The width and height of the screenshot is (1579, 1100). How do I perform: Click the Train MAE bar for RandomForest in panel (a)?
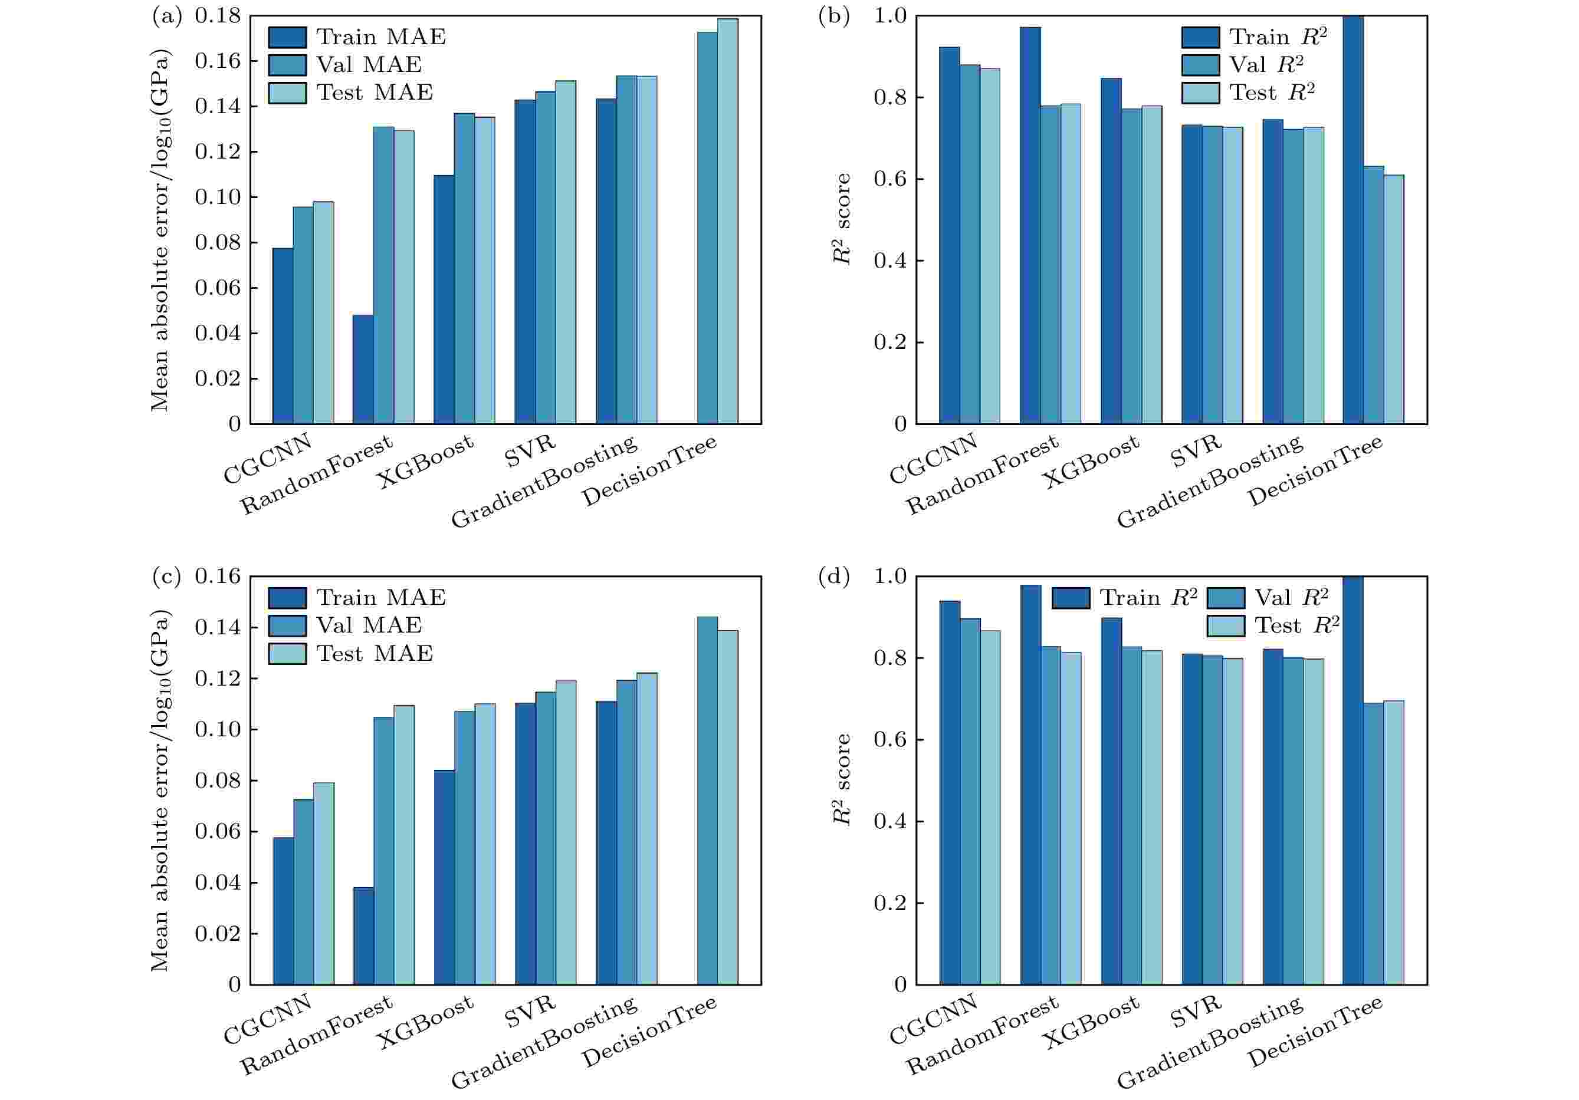pos(363,369)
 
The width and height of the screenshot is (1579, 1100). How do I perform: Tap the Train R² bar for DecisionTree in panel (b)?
pos(1353,220)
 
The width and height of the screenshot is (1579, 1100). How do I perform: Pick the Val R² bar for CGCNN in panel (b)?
pos(970,244)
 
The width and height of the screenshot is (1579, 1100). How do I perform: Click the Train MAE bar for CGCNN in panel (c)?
pos(283,910)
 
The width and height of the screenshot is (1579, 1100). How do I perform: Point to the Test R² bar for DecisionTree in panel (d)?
pos(1393,842)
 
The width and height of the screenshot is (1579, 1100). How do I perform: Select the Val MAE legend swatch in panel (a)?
pos(287,65)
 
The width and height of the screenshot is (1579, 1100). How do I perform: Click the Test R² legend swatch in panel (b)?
pos(1201,93)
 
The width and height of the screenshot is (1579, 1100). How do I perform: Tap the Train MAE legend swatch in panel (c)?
pos(287,597)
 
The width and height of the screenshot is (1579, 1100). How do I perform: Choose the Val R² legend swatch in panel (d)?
pos(1226,597)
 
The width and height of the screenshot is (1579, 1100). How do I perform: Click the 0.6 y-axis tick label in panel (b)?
pos(890,179)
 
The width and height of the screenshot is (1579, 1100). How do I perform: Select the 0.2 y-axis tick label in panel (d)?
pos(890,903)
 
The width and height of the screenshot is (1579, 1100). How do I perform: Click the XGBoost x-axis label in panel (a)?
pos(426,462)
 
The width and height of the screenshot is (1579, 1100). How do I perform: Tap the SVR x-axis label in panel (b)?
pos(1196,451)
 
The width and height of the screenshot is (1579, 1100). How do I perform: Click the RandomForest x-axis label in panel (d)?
pos(982,1035)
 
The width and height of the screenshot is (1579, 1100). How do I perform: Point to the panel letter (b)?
pos(833,16)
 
